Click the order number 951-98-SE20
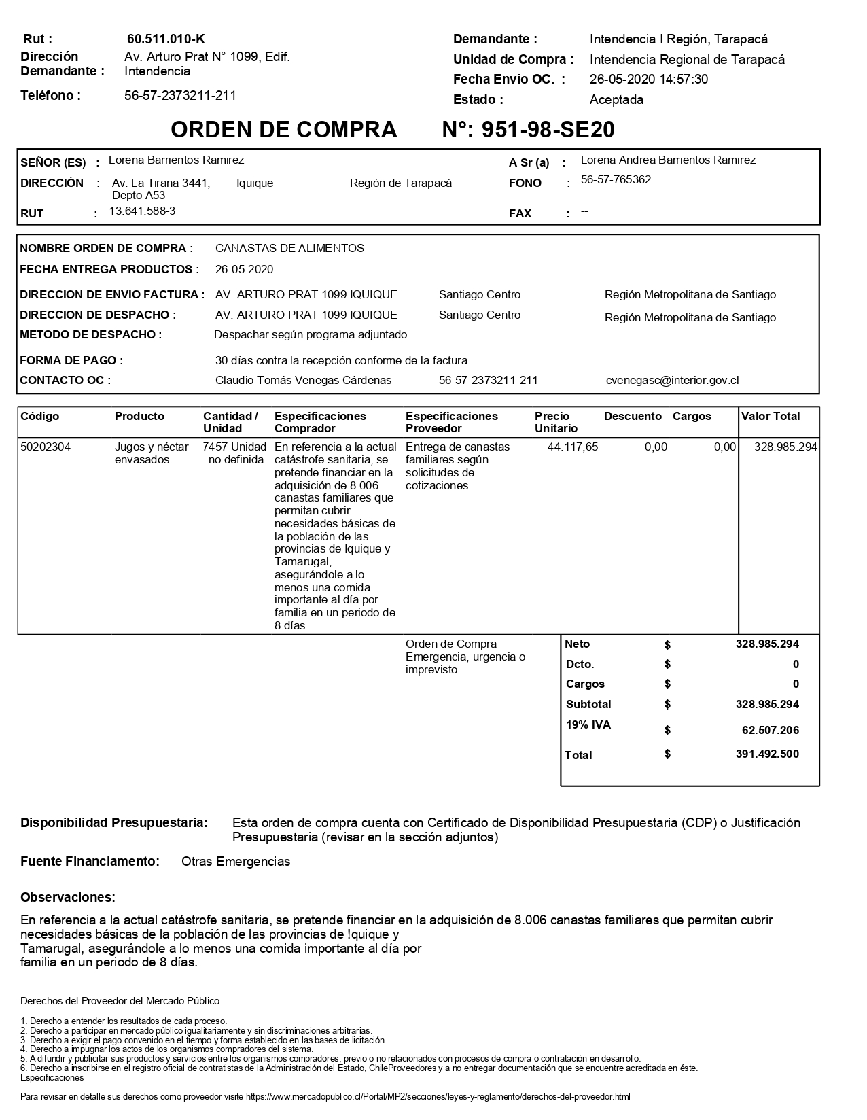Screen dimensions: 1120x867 coord(528,129)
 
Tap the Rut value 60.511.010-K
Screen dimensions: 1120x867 coord(166,39)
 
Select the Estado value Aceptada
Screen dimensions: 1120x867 coord(616,100)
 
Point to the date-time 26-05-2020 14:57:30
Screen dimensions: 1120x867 coord(648,80)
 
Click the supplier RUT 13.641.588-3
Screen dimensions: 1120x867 coord(143,211)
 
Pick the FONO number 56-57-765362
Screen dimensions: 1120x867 coord(616,180)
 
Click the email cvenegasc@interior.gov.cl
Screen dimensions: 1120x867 coord(672,381)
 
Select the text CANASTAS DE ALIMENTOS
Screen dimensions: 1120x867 coord(289,249)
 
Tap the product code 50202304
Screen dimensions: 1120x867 coord(46,447)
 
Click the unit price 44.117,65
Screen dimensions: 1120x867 coord(572,447)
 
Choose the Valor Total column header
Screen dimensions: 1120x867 coord(771,417)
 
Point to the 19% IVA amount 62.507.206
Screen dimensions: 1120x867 coord(770,731)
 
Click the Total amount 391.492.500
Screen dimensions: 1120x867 coord(767,754)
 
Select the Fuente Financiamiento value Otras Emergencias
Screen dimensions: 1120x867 coord(236,862)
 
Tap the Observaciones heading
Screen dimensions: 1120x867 coord(68,898)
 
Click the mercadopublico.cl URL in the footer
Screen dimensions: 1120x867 coord(438,1097)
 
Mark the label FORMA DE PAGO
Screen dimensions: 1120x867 coord(72,361)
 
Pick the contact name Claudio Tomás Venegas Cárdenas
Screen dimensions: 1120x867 coord(303,381)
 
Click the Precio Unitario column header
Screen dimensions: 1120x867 coord(556,422)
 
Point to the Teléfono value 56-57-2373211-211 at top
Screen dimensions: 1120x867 coord(180,96)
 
